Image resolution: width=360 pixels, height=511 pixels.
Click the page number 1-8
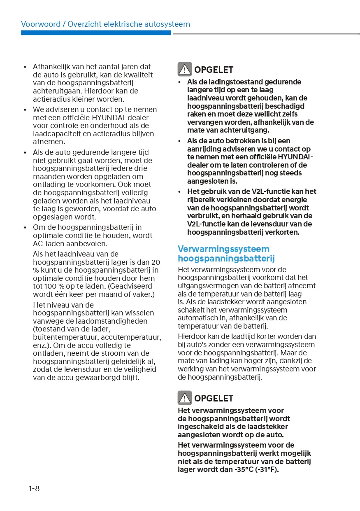pos(34,489)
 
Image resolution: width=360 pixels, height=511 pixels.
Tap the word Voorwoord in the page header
pos(40,24)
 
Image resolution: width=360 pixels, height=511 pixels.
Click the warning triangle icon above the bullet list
pos(185,70)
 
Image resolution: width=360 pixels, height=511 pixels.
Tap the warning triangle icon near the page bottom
pos(185,398)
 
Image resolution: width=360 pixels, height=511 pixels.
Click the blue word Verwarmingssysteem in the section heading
pos(223,249)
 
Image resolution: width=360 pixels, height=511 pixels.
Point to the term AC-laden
pos(50,243)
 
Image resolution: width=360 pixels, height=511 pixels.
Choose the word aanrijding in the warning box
pos(205,149)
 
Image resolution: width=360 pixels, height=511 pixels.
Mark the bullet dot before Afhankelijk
pos(25,67)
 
